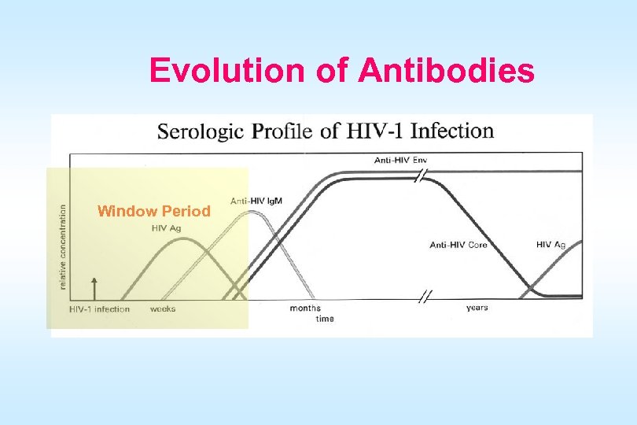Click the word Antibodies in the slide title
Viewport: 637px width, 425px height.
click(x=447, y=71)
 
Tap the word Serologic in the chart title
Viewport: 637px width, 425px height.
click(x=202, y=131)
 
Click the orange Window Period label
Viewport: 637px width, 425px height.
click(x=153, y=211)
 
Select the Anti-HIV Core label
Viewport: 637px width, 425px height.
click(x=458, y=245)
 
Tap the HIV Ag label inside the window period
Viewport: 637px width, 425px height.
click(x=167, y=229)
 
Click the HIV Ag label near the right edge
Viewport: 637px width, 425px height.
click(x=550, y=245)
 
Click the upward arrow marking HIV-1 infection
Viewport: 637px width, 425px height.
click(x=94, y=287)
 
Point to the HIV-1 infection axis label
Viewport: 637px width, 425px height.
click(x=99, y=309)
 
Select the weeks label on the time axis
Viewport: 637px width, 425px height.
click(x=163, y=309)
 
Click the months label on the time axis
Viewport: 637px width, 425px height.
click(x=305, y=309)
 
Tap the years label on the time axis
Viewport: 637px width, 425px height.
click(x=477, y=308)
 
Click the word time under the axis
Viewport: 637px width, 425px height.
click(x=325, y=319)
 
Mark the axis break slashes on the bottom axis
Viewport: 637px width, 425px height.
click(x=425, y=297)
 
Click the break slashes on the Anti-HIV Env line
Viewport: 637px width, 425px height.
click(x=422, y=176)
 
